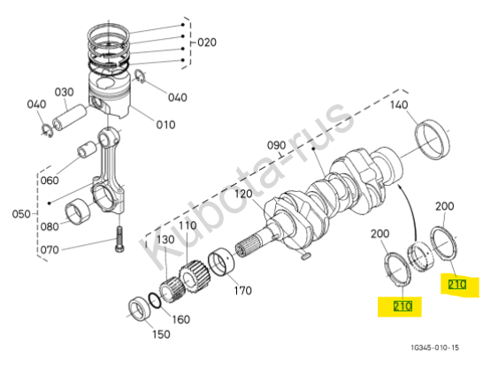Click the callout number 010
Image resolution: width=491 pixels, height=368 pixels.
pos(165,125)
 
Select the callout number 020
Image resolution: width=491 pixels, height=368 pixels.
pos(207,42)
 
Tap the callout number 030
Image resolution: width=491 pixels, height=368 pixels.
pos(65,92)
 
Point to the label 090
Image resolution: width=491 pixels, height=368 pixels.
pos(277,145)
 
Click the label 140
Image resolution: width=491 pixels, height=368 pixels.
pos(399,104)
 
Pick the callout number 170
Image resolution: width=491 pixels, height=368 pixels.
pos(243,290)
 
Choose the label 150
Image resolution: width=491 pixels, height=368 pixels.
pos(161,333)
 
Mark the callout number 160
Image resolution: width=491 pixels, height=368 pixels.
pos(181,319)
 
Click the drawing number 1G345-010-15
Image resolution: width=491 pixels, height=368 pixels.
pos(435,348)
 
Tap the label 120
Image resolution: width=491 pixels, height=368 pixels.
pos(243,194)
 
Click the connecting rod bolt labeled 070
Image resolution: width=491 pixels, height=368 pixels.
pos(119,239)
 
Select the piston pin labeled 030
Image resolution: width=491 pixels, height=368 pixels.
pos(69,117)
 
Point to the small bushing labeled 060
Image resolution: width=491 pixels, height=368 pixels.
pos(88,149)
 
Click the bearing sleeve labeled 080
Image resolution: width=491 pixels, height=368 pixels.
pos(77,211)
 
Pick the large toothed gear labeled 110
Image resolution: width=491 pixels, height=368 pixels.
pos(195,277)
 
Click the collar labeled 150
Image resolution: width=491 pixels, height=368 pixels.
pos(140,310)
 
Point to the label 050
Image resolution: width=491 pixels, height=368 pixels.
pos(21,214)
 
